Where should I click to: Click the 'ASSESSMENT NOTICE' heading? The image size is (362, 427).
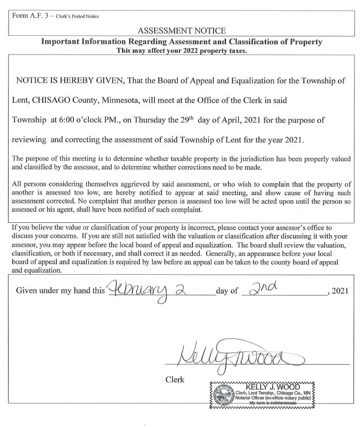tap(181, 31)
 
